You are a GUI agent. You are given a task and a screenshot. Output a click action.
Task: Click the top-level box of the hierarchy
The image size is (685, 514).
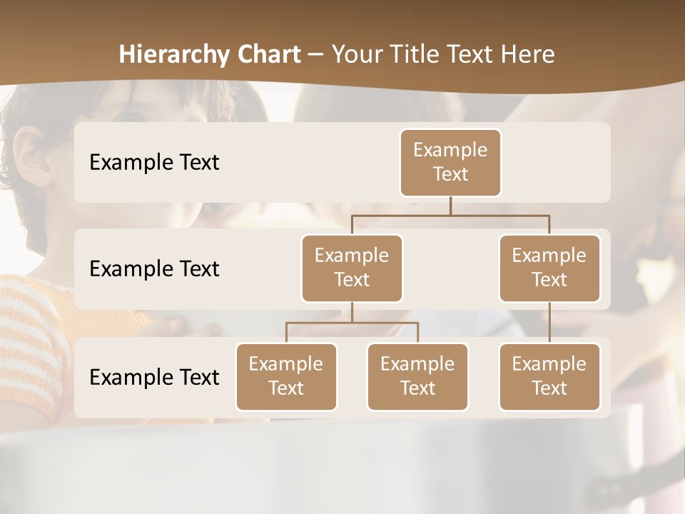[x=450, y=162]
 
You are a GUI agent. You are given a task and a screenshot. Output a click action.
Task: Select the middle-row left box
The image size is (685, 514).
[x=352, y=268]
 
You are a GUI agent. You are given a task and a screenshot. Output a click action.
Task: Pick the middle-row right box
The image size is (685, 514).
[x=549, y=268]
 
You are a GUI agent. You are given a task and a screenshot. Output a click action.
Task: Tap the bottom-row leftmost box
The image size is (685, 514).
[x=286, y=376]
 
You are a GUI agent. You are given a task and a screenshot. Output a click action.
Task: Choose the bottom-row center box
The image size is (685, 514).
[x=417, y=376]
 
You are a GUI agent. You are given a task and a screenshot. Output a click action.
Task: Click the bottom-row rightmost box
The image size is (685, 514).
[x=549, y=376]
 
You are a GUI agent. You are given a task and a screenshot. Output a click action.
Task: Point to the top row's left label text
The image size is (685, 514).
[x=154, y=162]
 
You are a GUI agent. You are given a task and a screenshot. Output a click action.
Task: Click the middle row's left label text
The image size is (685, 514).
[x=154, y=268]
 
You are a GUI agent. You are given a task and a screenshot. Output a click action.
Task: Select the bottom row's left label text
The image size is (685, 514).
[x=154, y=377]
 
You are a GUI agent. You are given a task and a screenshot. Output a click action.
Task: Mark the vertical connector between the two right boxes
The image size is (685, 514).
[x=549, y=323]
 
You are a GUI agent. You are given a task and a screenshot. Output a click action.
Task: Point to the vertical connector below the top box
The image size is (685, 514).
[x=450, y=206]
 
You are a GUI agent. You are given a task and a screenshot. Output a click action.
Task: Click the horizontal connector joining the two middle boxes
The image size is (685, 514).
[x=450, y=215]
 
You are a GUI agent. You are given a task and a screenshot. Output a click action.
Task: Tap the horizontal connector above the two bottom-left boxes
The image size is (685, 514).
[x=352, y=323]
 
